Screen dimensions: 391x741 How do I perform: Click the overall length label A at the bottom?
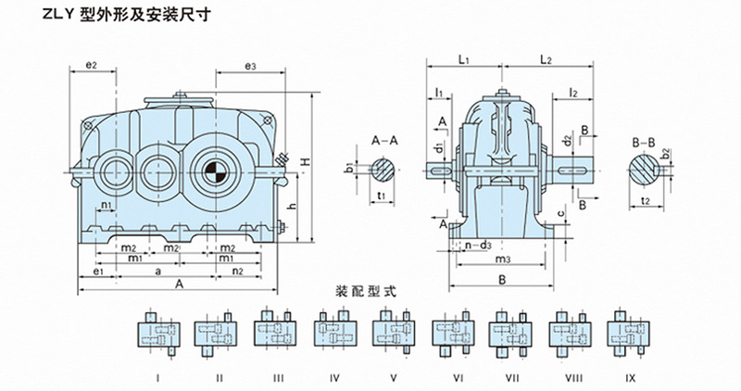tap(180, 287)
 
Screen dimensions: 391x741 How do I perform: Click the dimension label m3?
tap(504, 259)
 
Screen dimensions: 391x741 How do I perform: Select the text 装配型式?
tap(369, 290)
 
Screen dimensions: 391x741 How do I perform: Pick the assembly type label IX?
tap(629, 377)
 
